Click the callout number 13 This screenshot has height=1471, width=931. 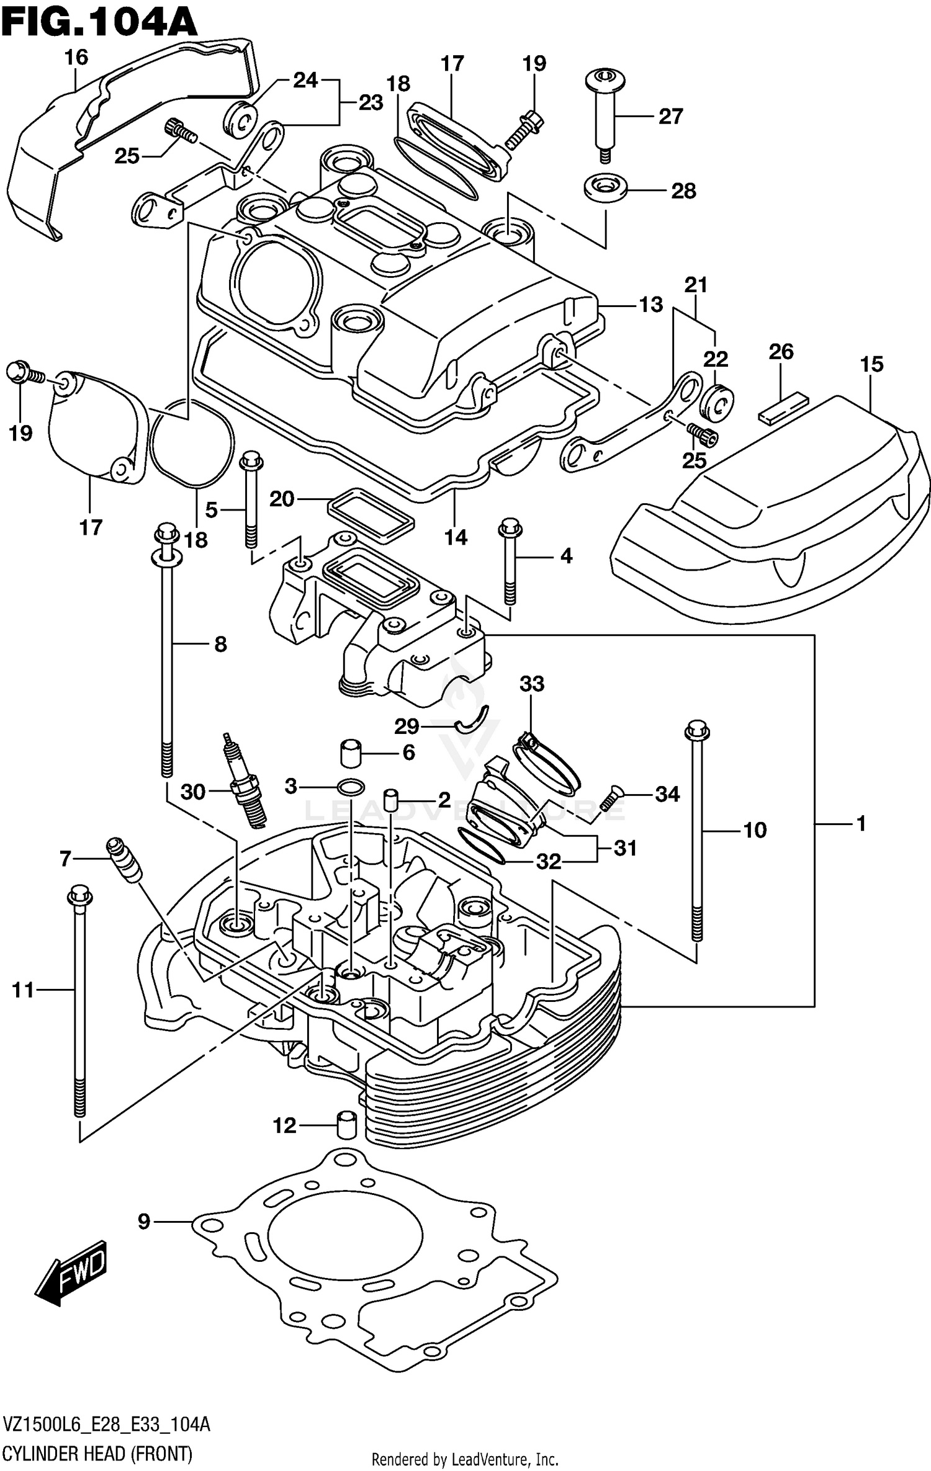[650, 305]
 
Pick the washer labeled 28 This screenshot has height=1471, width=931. [605, 188]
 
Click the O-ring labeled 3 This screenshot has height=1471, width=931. [350, 787]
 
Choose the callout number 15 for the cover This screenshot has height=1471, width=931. [871, 364]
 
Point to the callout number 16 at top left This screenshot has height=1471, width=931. [76, 58]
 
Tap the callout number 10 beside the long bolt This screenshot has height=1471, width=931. [755, 830]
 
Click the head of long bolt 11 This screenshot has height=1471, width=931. [79, 896]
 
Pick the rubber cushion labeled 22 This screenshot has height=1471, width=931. [716, 403]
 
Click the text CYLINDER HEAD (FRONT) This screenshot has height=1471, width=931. [97, 1450]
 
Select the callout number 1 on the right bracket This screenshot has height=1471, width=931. [860, 824]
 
